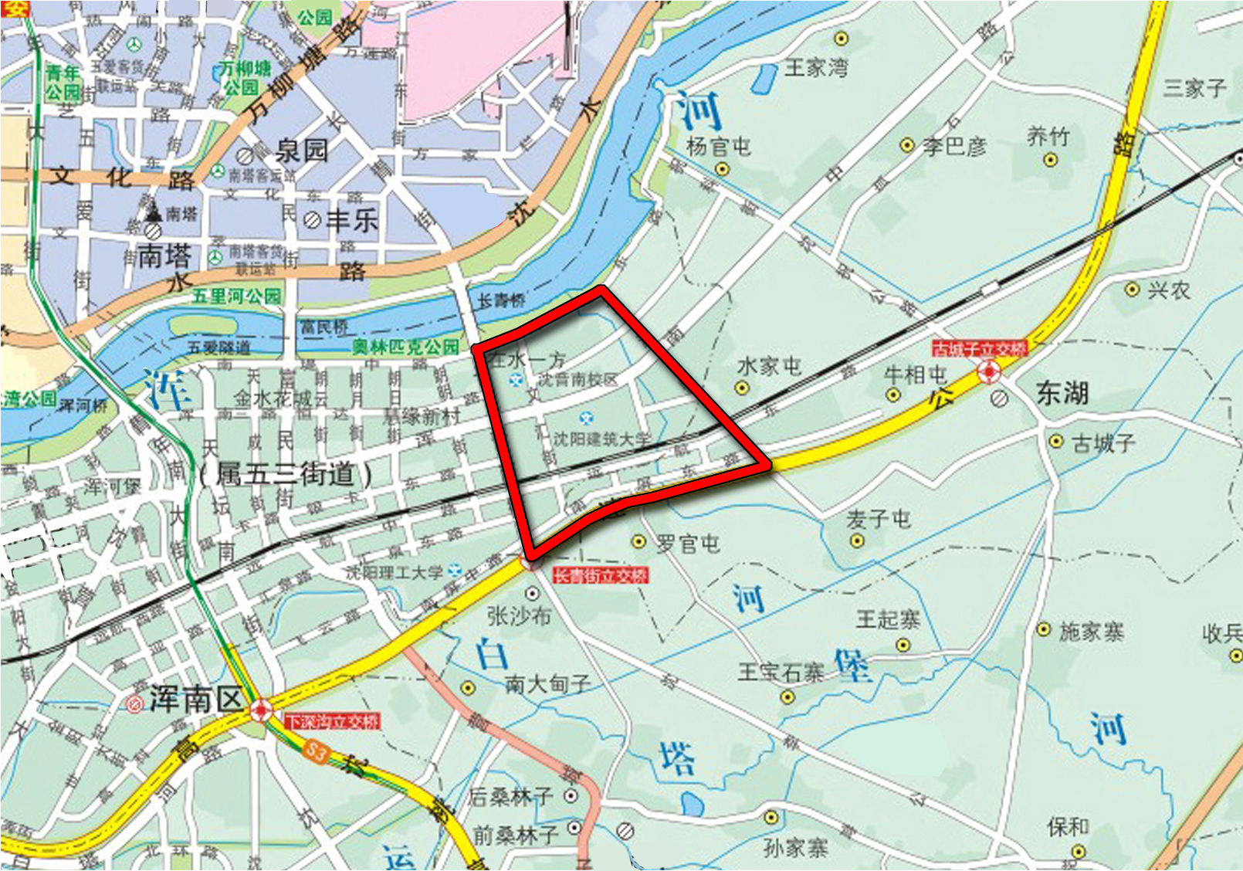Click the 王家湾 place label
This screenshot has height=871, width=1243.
816,68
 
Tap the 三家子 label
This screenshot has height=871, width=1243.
1194,87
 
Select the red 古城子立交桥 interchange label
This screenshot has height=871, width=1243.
980,349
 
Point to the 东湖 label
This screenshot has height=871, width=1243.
1062,394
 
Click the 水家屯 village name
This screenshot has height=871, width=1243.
769,366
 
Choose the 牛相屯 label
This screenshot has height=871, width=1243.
915,375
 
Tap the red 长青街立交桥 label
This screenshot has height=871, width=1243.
601,575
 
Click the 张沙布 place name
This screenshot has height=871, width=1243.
519,615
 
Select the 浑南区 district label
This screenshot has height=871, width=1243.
196,699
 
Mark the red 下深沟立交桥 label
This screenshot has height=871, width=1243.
333,722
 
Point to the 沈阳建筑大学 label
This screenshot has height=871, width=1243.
602,439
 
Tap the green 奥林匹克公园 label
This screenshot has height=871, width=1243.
405,347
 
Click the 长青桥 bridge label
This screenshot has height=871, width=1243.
501,300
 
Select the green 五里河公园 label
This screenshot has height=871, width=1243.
237,297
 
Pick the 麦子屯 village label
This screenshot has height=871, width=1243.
878,519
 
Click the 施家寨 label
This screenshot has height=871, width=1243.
1091,632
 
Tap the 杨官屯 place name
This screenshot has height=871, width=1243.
718,146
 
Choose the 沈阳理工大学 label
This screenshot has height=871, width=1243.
394,572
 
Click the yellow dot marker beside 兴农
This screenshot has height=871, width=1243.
1132,290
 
